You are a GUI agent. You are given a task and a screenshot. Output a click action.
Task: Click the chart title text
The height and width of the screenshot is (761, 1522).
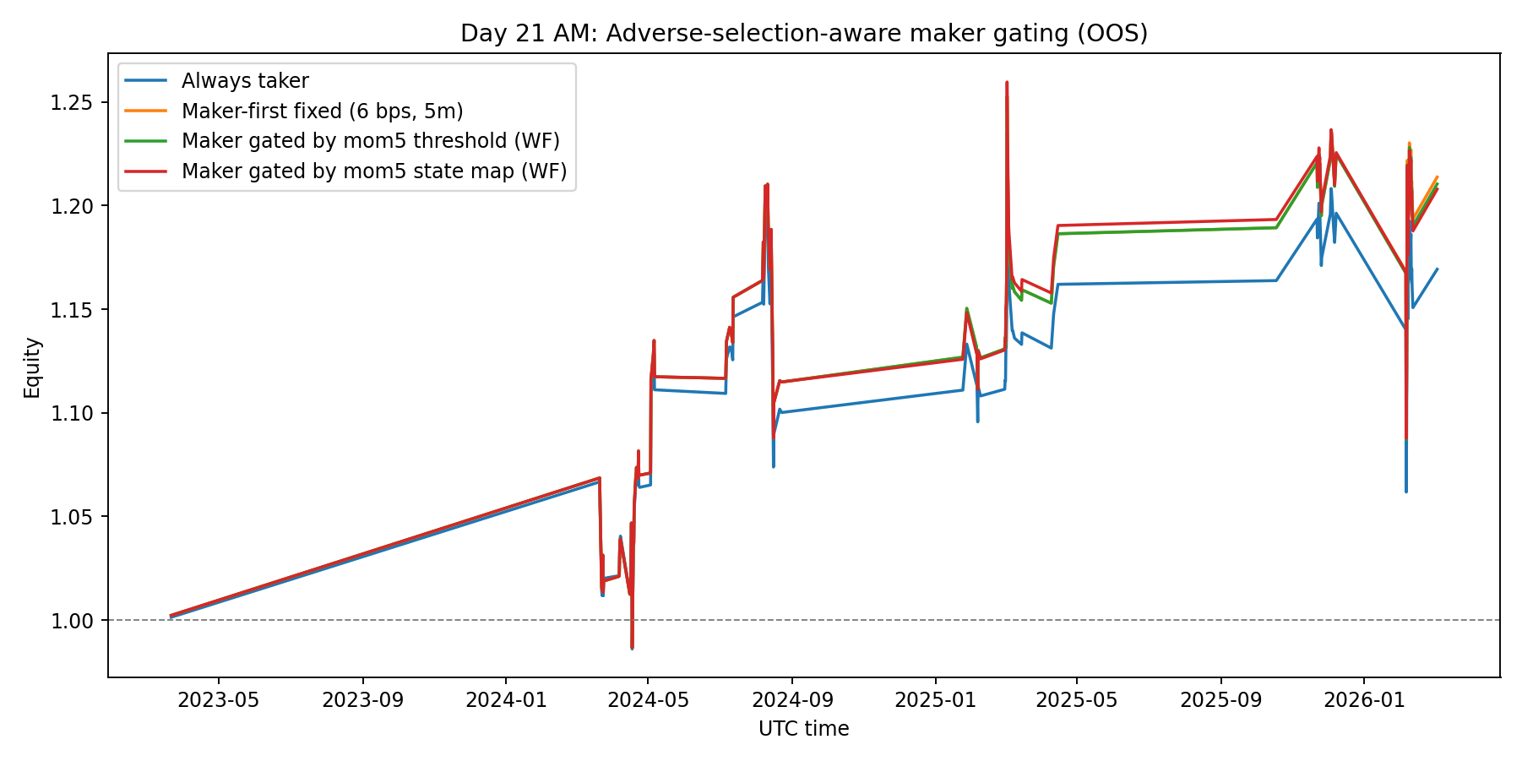point(803,33)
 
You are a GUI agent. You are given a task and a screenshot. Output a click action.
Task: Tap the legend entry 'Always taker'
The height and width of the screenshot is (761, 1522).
point(245,81)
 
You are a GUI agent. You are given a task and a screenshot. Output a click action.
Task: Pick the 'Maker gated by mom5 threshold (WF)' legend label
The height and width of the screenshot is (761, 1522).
point(370,141)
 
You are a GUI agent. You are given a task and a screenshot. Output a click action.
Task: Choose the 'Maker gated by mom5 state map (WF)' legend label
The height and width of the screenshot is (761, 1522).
point(373,171)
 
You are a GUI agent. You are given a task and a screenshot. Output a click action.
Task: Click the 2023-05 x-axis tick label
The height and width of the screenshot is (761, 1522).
point(219,700)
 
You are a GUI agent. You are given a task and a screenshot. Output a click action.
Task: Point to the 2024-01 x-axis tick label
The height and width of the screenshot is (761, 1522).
point(505,700)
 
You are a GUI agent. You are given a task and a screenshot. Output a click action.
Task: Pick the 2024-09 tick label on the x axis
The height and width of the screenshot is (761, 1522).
point(792,700)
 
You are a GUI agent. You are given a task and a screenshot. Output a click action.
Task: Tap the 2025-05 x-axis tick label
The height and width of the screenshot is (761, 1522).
point(1077,700)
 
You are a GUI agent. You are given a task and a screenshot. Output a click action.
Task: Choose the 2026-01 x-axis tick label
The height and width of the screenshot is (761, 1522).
point(1363,700)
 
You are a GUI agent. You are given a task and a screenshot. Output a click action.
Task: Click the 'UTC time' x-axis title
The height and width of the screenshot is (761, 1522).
point(803,729)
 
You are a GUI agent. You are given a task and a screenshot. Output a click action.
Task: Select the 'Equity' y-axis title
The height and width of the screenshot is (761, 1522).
point(32,367)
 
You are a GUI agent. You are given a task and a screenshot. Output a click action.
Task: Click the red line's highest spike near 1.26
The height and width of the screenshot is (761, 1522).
point(1007,83)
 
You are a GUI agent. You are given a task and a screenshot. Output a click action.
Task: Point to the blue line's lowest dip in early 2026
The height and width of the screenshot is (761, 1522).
point(1406,491)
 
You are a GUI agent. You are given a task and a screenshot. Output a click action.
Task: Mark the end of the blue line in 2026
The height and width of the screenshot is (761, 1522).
point(1437,269)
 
